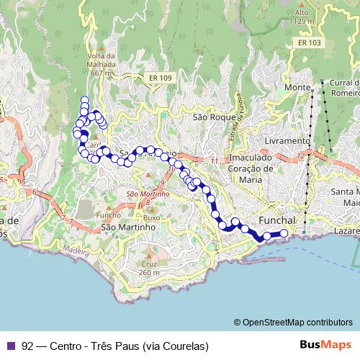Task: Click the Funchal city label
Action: [x=276, y=220]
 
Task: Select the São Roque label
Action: [x=210, y=116]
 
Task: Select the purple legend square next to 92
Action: [x=10, y=346]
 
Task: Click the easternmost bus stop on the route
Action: [x=284, y=233]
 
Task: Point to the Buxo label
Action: [x=151, y=217]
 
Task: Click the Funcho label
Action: [x=108, y=215]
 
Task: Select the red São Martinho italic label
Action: [x=148, y=194]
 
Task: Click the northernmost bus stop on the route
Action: [x=84, y=101]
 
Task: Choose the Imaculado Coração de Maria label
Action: [x=251, y=168]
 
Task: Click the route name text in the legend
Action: [x=115, y=346]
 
